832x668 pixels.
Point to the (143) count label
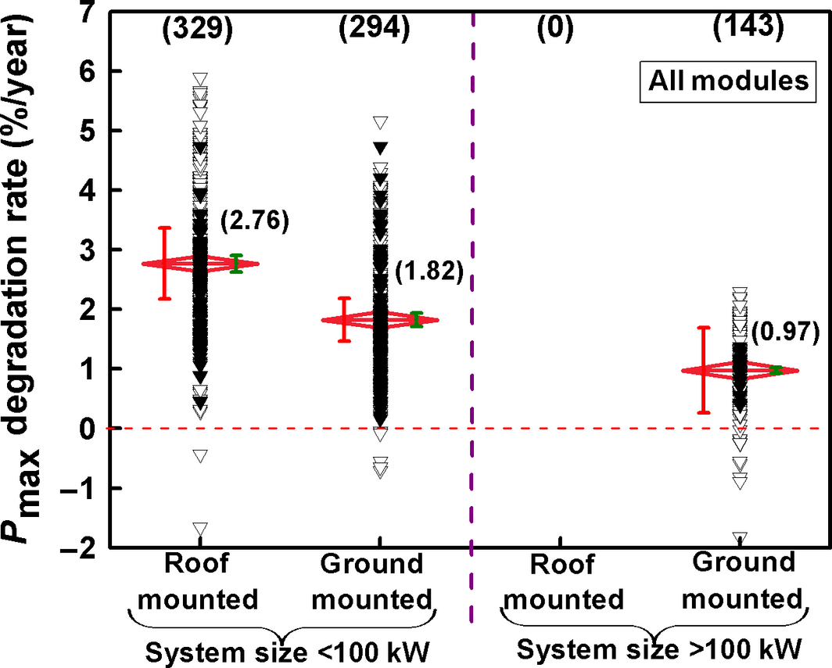[x=748, y=28]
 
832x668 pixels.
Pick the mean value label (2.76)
[x=254, y=221]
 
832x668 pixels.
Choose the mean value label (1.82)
[x=429, y=273]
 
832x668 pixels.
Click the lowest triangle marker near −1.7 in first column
[x=200, y=528]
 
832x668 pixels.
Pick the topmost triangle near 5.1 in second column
[x=381, y=122]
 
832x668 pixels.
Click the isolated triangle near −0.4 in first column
[x=200, y=455]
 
